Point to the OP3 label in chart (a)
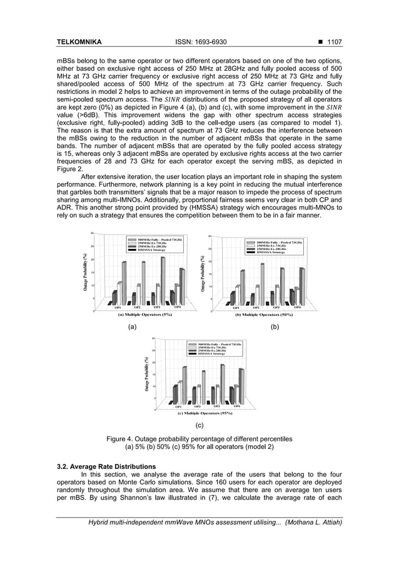point(158,308)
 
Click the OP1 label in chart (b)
point(236,308)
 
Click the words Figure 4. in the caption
point(124,439)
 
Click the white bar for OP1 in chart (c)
point(180,392)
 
